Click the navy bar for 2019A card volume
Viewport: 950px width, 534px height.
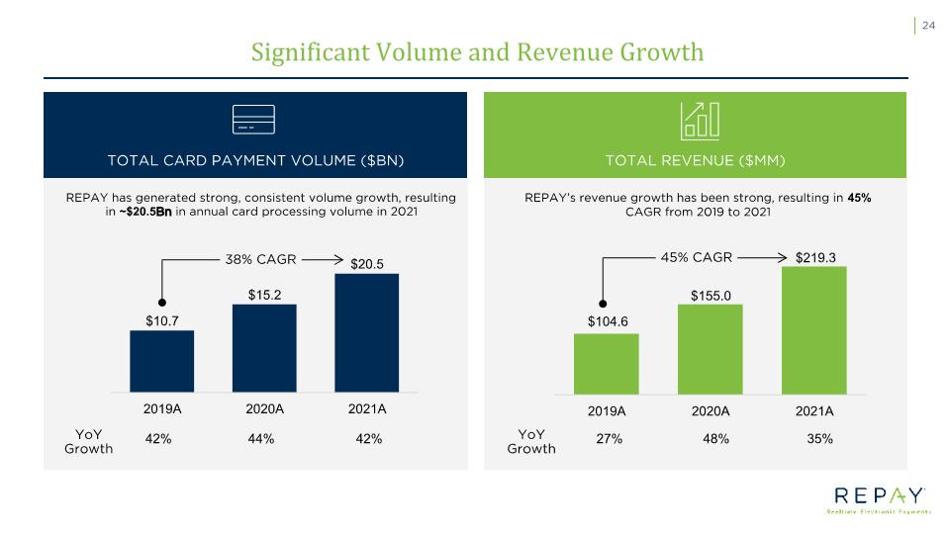[x=161, y=362]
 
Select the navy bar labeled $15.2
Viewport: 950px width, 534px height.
[x=265, y=348]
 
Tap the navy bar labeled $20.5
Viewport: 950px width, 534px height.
[x=366, y=333]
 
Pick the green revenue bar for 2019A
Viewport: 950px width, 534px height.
[x=607, y=364]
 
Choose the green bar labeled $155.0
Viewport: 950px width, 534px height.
[x=711, y=349]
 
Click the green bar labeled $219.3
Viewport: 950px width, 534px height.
[x=814, y=330]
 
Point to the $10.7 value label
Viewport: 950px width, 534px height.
[x=161, y=320]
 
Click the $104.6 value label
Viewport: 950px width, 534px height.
[x=608, y=321]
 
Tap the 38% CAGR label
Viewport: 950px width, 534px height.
[x=260, y=260]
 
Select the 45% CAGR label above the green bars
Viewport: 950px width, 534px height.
[x=696, y=257]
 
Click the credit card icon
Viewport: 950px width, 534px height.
[x=254, y=120]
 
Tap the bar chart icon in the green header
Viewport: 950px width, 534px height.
[x=700, y=121]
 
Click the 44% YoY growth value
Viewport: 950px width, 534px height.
[x=261, y=439]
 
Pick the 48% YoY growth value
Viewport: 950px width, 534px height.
[x=715, y=439]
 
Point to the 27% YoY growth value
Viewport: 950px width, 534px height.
[x=609, y=439]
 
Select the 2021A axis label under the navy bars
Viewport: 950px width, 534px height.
[x=367, y=409]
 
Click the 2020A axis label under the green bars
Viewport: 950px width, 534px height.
[x=711, y=411]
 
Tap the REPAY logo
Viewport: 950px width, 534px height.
[x=879, y=499]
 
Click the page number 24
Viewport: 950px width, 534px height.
[x=928, y=26]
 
